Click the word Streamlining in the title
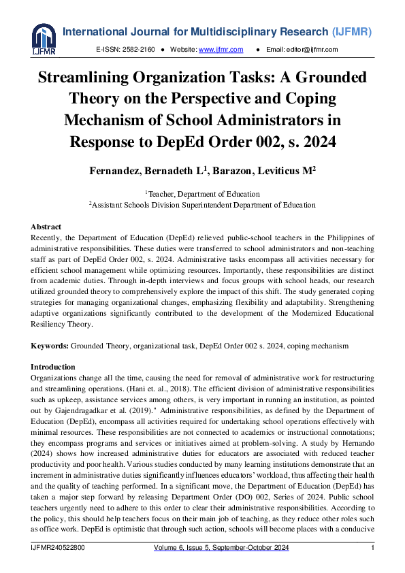click(x=90, y=78)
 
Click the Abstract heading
click(x=46, y=227)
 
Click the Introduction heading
click(x=53, y=367)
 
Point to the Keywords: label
click(x=50, y=346)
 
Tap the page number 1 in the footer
click(x=372, y=548)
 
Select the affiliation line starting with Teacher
click(x=202, y=194)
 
